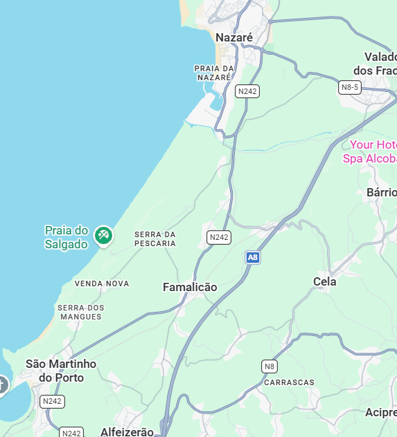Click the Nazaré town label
(234, 37)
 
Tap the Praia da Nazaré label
(214, 73)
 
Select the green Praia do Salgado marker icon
(104, 236)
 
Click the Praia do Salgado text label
(67, 236)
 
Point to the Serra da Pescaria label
(155, 239)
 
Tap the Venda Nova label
(102, 283)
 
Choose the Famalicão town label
(190, 287)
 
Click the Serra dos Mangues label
(80, 312)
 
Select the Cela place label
(325, 281)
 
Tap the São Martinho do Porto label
(61, 371)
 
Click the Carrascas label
(289, 382)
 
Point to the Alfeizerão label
(127, 431)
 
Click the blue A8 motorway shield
(253, 257)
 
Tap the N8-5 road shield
(350, 87)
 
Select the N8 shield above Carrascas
(270, 366)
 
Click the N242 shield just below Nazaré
(247, 91)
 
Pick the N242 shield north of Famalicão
(219, 237)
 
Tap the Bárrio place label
(382, 192)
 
